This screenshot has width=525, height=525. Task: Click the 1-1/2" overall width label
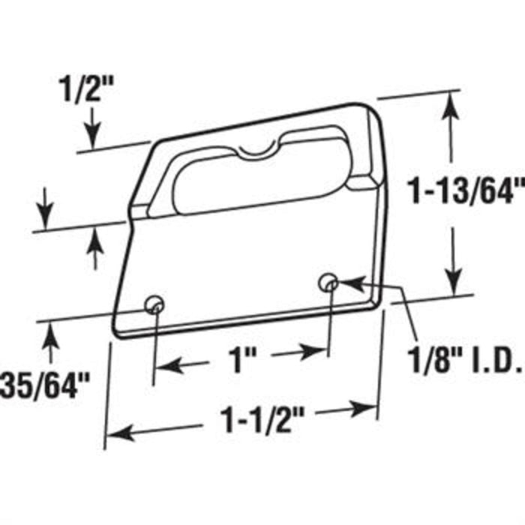pos(262,419)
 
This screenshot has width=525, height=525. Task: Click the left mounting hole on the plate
pos(154,304)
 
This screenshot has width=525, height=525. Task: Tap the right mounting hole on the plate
pos(328,283)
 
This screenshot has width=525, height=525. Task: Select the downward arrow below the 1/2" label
pos(93,127)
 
